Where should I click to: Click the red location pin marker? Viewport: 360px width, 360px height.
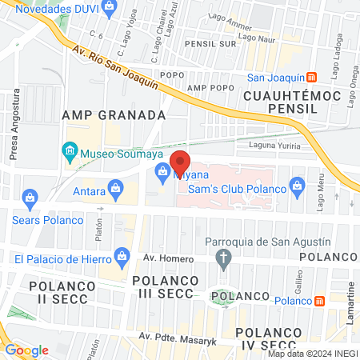180,161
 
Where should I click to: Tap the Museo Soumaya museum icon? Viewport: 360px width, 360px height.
70,151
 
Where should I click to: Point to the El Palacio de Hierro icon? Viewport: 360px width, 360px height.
122,256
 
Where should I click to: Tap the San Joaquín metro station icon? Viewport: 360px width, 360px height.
311,77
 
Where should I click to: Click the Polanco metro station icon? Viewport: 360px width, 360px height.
318,300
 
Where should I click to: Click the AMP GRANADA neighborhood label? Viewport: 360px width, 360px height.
114,115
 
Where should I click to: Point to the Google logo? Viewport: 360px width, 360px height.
27,350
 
